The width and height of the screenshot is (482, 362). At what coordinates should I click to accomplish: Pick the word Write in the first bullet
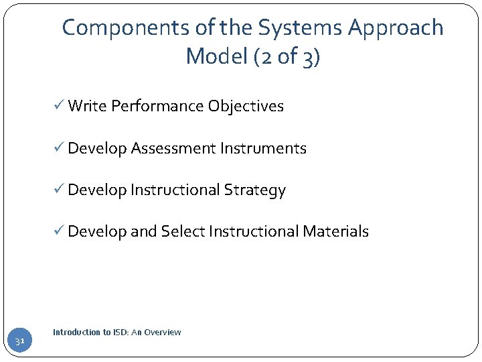pos(88,106)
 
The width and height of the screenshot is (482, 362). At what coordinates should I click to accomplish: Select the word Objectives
pos(246,106)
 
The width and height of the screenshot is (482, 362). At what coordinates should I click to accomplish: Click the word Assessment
pos(173,148)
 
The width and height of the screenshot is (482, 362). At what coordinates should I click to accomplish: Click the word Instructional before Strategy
pos(175,190)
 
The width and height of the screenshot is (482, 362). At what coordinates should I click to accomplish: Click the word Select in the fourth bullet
pos(183,231)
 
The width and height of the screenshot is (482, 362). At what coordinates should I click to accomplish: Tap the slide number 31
pos(19,342)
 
